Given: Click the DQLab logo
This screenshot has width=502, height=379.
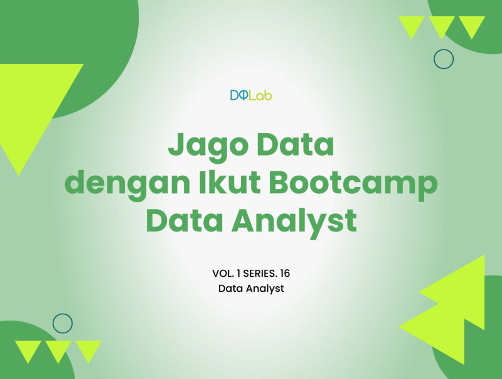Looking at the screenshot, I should pyautogui.click(x=250, y=96).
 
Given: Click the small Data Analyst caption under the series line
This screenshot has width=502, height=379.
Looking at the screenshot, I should pyautogui.click(x=251, y=289).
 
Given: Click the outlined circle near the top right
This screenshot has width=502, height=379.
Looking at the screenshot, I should pyautogui.click(x=444, y=59).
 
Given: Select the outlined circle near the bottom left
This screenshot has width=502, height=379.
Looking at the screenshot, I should pyautogui.click(x=63, y=323).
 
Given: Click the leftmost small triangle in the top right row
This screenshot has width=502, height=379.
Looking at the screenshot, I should pyautogui.click(x=412, y=25).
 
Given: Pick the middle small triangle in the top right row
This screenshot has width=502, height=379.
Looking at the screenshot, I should pyautogui.click(x=442, y=25).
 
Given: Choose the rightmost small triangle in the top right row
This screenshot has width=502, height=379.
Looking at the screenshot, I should pyautogui.click(x=472, y=25).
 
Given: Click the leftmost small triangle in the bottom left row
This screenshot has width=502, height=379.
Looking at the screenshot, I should pyautogui.click(x=28, y=350).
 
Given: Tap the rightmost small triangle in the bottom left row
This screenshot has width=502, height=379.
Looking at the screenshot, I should pyautogui.click(x=88, y=350).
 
